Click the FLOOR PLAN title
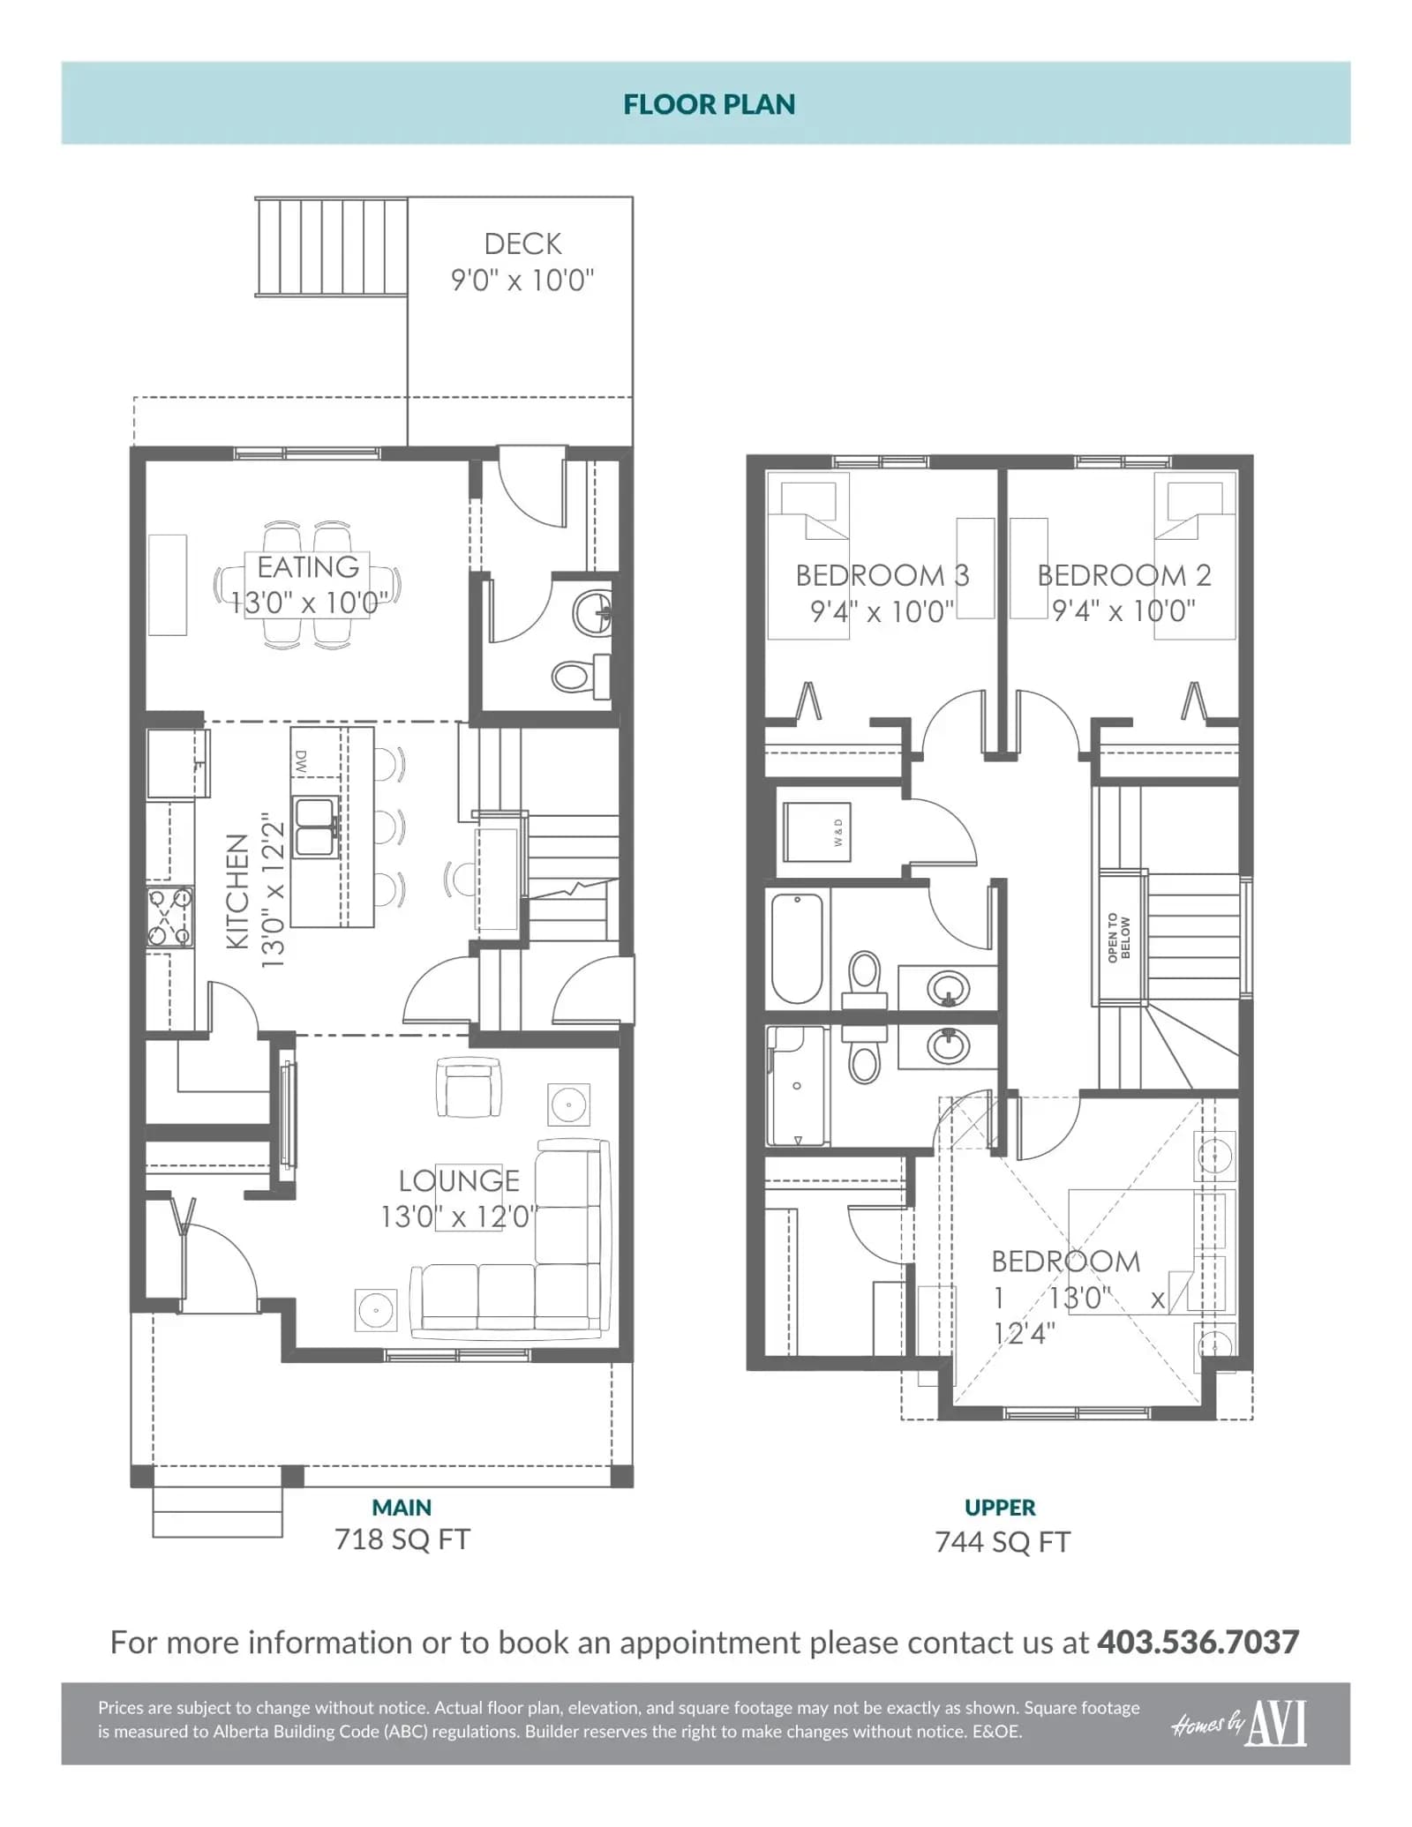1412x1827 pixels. (x=709, y=104)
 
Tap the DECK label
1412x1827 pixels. (x=522, y=243)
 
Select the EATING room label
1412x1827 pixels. (x=308, y=566)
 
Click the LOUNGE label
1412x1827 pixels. (x=459, y=1180)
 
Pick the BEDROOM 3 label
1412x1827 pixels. (x=882, y=575)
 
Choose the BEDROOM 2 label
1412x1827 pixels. (x=1124, y=575)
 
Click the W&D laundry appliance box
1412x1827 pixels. (x=817, y=832)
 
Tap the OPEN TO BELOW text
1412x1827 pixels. (x=1118, y=937)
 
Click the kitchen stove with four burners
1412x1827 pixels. (x=169, y=917)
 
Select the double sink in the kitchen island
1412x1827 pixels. (x=314, y=827)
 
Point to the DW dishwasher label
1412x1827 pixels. (x=301, y=762)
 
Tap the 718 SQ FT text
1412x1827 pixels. (x=402, y=1539)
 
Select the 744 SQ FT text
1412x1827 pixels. (x=1003, y=1541)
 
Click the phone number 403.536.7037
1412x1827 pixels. (x=1198, y=1642)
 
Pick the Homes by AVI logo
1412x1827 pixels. (x=1240, y=1723)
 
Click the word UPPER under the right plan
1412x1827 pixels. (x=1000, y=1507)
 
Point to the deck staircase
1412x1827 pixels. (x=332, y=246)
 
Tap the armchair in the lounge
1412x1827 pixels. (x=469, y=1088)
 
